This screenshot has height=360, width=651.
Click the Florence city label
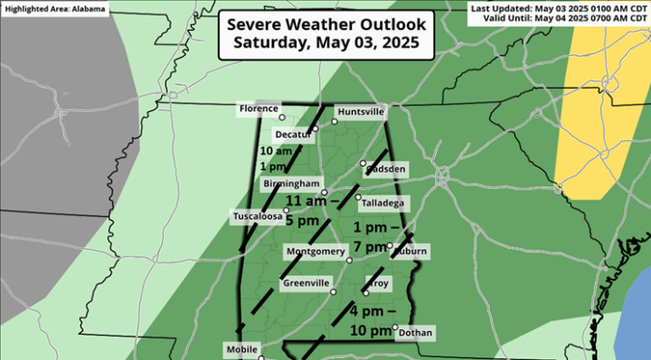259,109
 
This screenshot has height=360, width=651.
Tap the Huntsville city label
360,111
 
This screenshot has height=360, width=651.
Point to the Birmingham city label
292,183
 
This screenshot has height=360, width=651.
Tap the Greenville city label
307,283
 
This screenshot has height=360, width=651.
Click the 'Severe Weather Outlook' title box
323,33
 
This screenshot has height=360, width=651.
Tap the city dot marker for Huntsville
333,121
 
